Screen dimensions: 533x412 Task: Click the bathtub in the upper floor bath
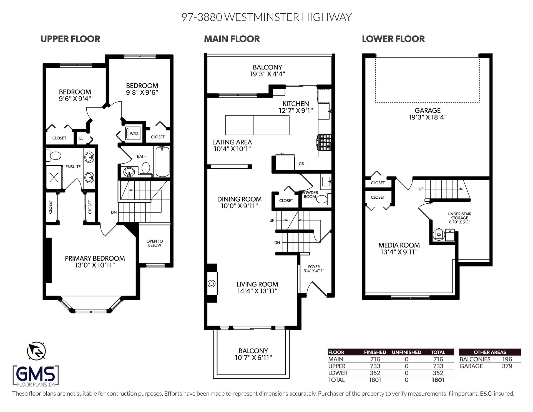pos(162,161)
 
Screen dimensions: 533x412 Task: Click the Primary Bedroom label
pos(95,262)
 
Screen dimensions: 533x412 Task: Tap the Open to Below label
pos(155,243)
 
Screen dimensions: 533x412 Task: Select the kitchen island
pos(257,125)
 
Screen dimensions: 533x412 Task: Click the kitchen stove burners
pos(325,142)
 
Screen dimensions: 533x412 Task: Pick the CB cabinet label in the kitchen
pos(301,164)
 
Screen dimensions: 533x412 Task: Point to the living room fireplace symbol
pos(212,284)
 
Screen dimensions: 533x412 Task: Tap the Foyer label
pos(314,269)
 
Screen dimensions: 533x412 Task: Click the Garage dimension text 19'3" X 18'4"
pos(428,117)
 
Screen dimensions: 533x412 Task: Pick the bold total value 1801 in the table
pos(438,380)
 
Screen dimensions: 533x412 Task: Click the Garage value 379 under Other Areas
pos(507,366)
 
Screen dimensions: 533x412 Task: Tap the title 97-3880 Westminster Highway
pos(266,17)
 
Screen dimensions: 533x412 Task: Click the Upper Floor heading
pos(70,39)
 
